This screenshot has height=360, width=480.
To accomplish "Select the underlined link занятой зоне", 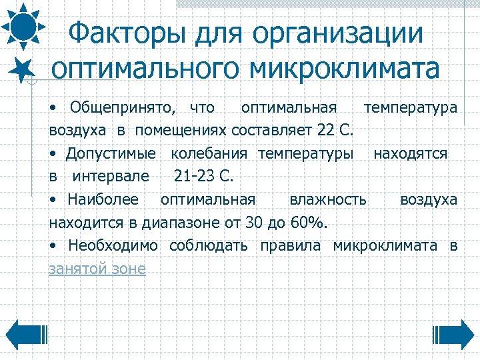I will tap(97, 269).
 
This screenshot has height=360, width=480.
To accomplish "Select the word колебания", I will tap(210, 154).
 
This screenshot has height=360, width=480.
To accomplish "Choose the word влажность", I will tap(327, 199).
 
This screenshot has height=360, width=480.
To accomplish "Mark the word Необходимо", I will tap(113, 245).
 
